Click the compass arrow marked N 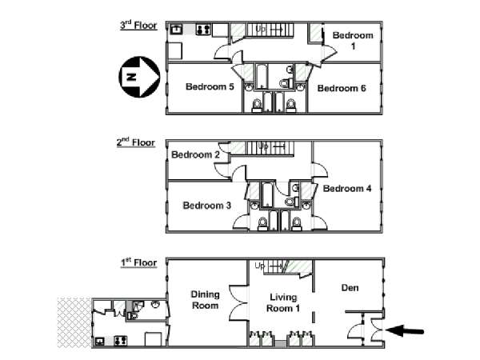tap(139, 77)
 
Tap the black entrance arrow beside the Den tap(405, 331)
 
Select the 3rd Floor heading tap(138, 25)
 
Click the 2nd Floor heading tap(136, 142)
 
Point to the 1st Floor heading tap(138, 262)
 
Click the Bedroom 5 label tap(210, 86)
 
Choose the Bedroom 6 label tap(342, 88)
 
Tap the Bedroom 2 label tap(196, 154)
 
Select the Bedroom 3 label tap(207, 206)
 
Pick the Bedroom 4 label tap(347, 188)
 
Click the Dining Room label tap(205, 300)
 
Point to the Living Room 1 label tap(283, 302)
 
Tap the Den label tap(350, 288)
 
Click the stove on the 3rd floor tap(203, 30)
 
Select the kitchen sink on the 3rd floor tap(177, 29)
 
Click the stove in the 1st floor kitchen tap(120, 341)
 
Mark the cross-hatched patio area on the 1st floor tap(74, 322)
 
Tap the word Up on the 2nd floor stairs tap(263, 146)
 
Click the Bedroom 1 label tap(353, 41)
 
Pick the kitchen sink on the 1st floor tap(100, 341)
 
